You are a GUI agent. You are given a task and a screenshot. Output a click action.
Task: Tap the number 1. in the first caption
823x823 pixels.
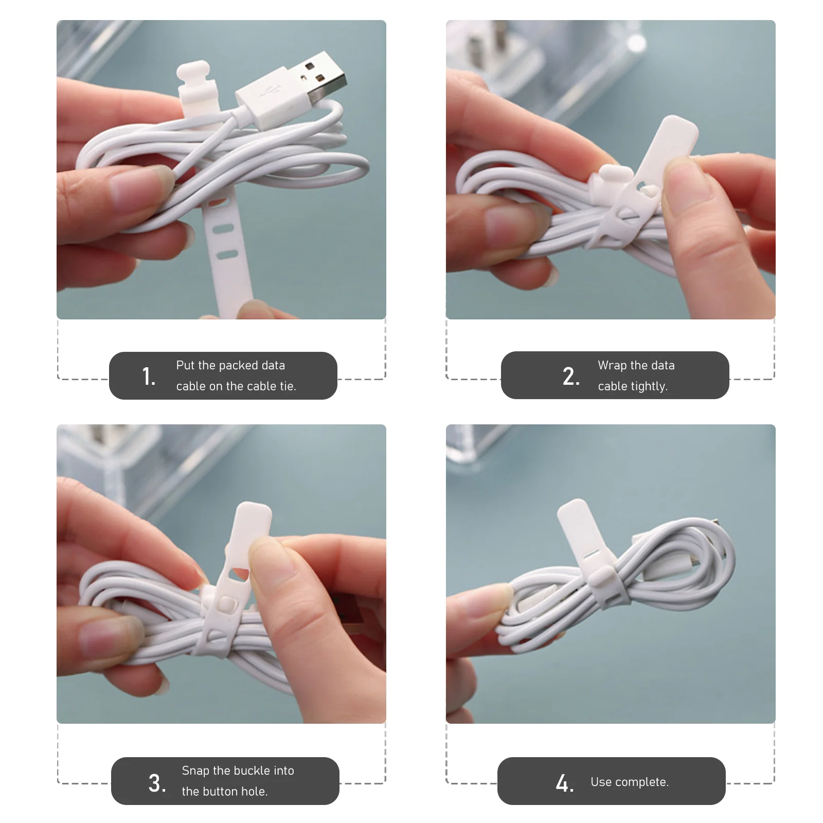coord(149,377)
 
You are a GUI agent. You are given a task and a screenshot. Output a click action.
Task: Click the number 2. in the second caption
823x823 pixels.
coord(571,377)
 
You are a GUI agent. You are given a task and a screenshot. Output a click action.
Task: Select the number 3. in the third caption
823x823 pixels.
coord(157,783)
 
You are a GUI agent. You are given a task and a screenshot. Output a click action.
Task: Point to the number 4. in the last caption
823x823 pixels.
coord(564,783)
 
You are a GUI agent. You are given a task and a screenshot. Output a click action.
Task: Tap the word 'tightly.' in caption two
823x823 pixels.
coord(652,386)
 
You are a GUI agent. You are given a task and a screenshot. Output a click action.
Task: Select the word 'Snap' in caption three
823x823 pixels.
coord(195,771)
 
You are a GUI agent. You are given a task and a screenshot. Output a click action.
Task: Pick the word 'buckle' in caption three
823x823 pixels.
coord(252,771)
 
